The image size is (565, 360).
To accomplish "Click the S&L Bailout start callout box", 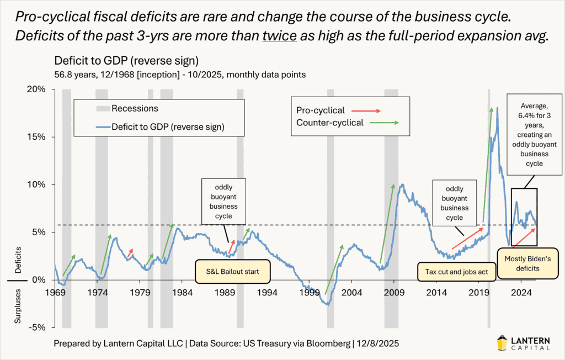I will [232, 272].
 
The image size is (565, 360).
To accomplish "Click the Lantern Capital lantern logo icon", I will [505, 343].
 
